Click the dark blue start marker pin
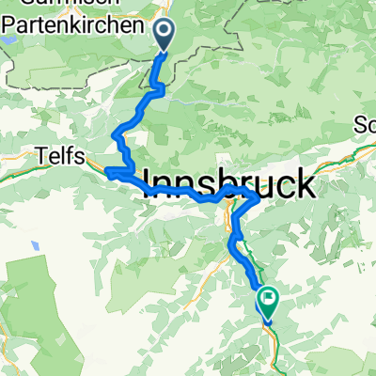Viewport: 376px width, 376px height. (164, 36)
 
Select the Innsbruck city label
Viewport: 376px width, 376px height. (227, 180)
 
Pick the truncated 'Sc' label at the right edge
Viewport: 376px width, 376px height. (365, 125)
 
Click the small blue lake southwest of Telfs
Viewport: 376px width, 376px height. (35, 246)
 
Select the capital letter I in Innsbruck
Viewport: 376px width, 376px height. (149, 180)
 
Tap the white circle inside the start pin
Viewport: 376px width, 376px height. (164, 32)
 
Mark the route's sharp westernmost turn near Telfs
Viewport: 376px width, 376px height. (106, 172)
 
